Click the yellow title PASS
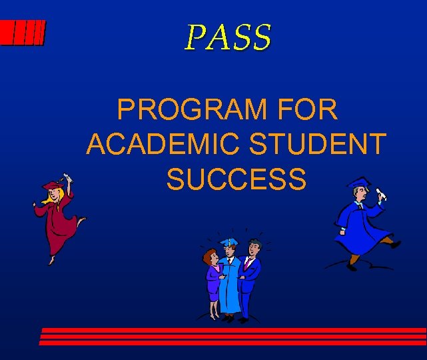click(228, 37)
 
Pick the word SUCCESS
click(236, 179)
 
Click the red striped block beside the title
click(23, 33)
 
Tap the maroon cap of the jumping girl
click(52, 184)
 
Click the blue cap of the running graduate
click(358, 183)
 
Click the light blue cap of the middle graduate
click(229, 241)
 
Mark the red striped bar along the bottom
click(233, 336)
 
